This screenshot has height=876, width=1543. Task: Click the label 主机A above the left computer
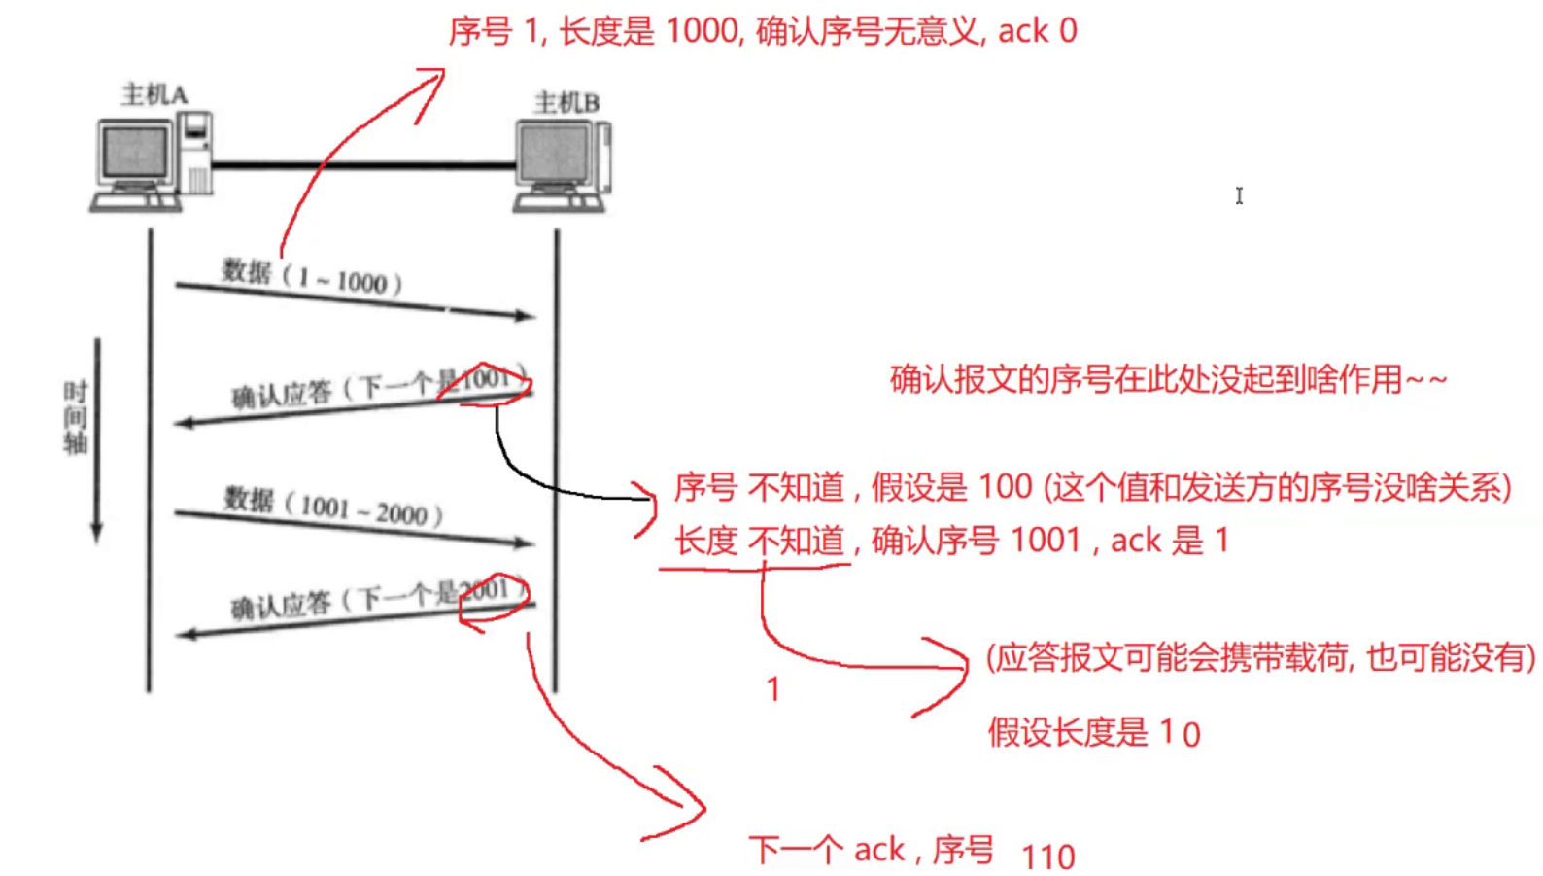(x=154, y=94)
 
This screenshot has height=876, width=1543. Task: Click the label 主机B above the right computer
(x=566, y=102)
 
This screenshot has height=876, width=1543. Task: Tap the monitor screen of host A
(x=135, y=152)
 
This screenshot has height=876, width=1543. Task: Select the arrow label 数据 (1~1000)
(x=311, y=277)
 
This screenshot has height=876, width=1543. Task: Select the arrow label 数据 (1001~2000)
(x=332, y=506)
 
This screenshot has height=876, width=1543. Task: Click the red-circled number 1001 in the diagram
(x=486, y=380)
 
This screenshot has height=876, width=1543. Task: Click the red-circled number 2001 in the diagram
(x=484, y=591)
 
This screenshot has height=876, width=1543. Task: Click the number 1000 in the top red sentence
(x=702, y=31)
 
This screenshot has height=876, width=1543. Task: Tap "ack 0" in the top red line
(x=1037, y=31)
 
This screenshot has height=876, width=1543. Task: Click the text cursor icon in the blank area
(x=1239, y=196)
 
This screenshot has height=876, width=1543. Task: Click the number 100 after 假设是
(x=1005, y=486)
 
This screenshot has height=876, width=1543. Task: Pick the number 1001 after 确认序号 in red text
(x=1045, y=540)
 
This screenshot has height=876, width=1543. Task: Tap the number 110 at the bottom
(x=1048, y=857)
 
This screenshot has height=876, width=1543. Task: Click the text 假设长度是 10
(x=1094, y=732)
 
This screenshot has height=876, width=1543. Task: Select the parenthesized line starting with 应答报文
(x=1260, y=658)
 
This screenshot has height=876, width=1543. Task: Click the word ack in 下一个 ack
(x=878, y=850)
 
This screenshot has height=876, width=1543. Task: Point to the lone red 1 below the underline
(x=773, y=689)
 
